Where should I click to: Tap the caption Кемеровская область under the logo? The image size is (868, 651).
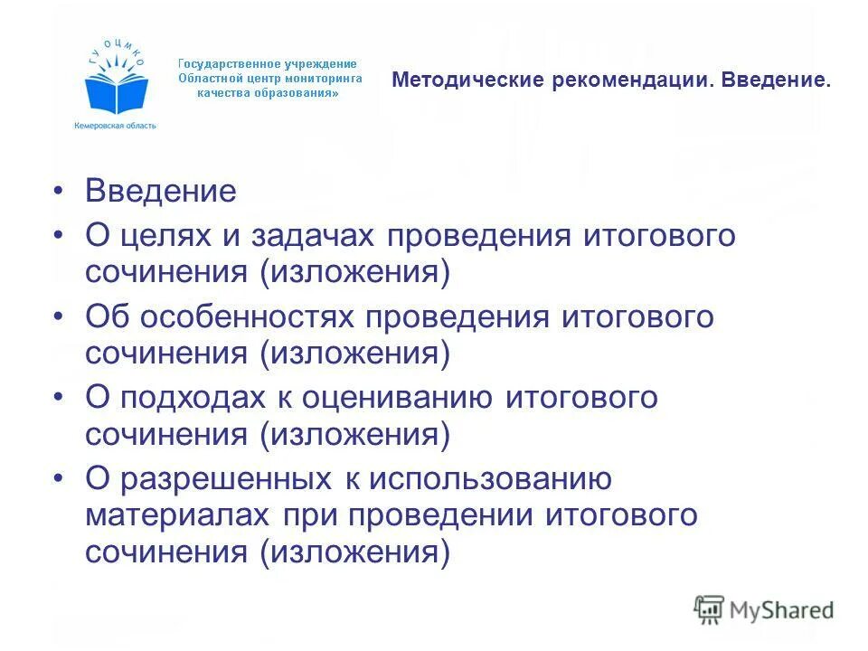(115, 126)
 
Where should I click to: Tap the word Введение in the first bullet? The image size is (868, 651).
(160, 191)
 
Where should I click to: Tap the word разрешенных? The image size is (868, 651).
(222, 479)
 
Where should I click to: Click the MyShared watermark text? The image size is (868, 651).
(782, 609)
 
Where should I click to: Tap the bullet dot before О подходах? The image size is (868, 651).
(60, 398)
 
